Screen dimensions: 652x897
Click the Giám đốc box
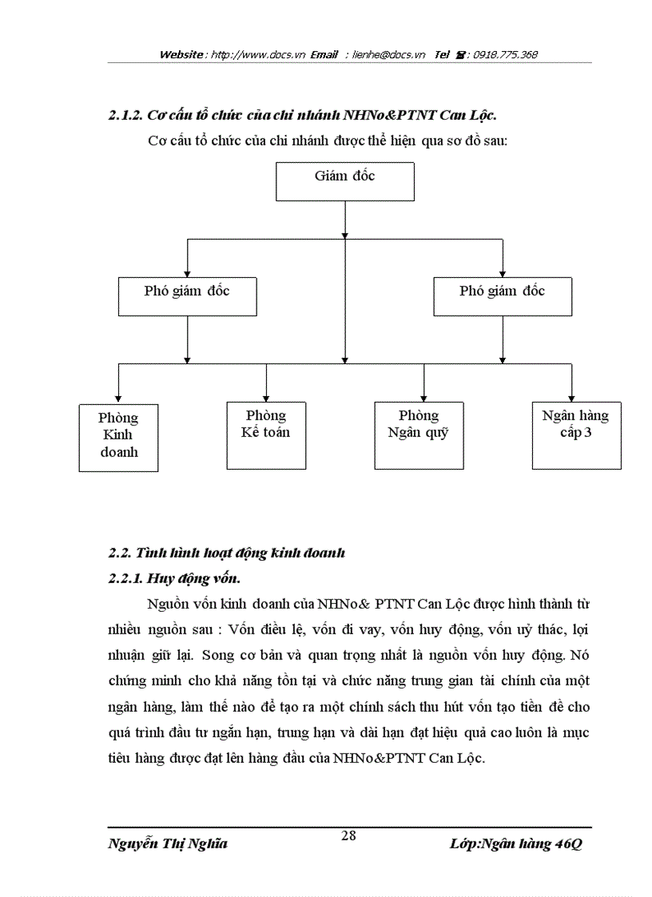click(x=344, y=181)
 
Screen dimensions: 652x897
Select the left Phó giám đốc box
click(x=187, y=296)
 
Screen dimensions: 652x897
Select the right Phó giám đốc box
click(x=502, y=296)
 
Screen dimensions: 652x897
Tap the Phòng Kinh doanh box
click(x=118, y=437)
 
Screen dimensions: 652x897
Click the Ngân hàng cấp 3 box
click(x=576, y=435)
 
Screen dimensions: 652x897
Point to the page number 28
click(x=348, y=836)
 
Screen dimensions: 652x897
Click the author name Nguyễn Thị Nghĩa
click(x=168, y=844)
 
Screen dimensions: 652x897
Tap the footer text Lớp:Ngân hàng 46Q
click(x=516, y=844)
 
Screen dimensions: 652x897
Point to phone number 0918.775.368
click(x=505, y=55)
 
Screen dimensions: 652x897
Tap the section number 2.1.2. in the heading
click(x=125, y=116)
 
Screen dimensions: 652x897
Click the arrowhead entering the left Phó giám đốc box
click(x=187, y=272)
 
